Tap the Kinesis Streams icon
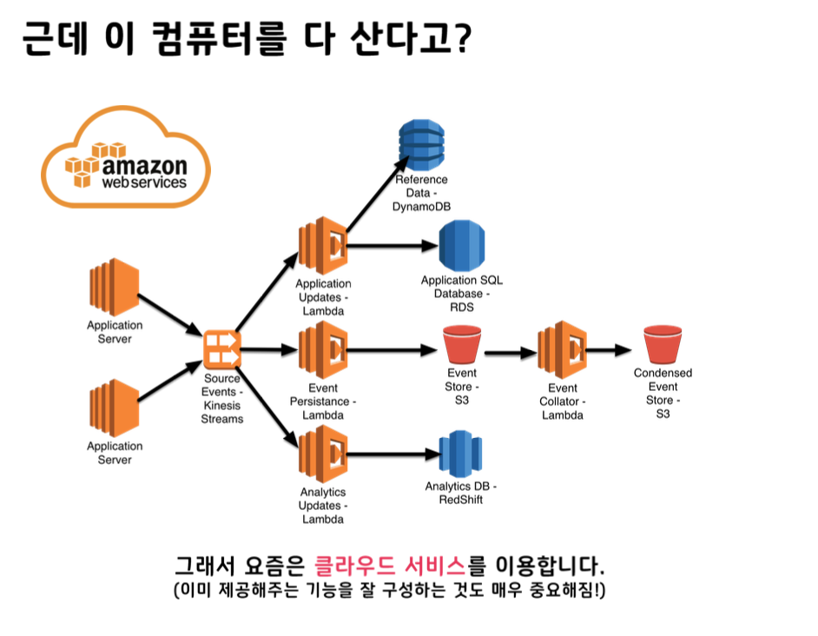(x=221, y=349)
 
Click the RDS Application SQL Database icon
(x=461, y=247)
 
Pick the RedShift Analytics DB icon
(x=460, y=454)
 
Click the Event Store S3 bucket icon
(x=461, y=345)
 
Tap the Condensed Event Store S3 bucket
(x=663, y=345)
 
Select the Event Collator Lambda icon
(x=562, y=349)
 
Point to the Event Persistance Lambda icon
(x=323, y=349)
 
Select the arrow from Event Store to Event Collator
(x=509, y=354)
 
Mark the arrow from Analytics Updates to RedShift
(x=391, y=454)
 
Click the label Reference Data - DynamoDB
(x=422, y=193)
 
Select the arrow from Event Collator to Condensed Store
(x=611, y=350)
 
